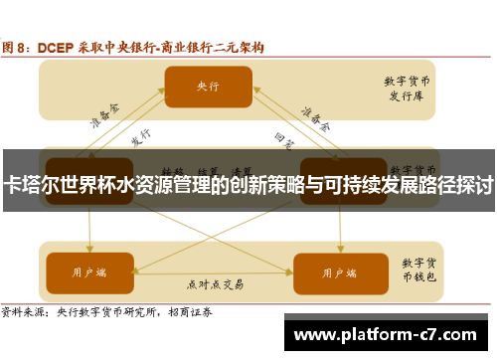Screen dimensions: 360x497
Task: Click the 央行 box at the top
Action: pyautogui.click(x=208, y=87)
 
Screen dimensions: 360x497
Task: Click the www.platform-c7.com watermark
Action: pyautogui.click(x=389, y=333)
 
